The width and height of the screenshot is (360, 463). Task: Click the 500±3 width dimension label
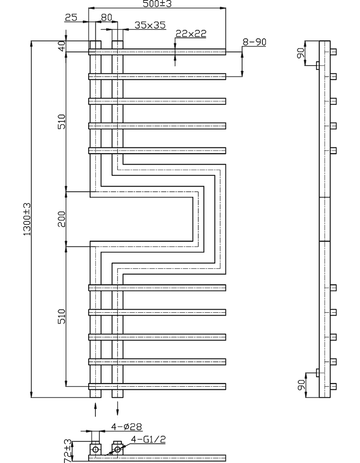pyautogui.click(x=157, y=4)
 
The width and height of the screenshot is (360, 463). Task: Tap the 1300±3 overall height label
pyautogui.click(x=27, y=219)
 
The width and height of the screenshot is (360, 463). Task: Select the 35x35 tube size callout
pyautogui.click(x=150, y=25)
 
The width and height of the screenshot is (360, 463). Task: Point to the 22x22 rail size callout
pyautogui.click(x=191, y=33)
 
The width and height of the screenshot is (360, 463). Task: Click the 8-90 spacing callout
pyautogui.click(x=254, y=42)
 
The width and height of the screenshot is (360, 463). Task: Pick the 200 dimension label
pyautogui.click(x=61, y=219)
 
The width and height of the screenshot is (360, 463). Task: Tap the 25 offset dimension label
pyautogui.click(x=71, y=17)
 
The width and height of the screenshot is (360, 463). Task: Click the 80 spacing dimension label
pyautogui.click(x=107, y=17)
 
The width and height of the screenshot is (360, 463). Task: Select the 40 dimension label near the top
pyautogui.click(x=62, y=46)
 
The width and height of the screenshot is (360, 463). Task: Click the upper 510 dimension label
pyautogui.click(x=62, y=122)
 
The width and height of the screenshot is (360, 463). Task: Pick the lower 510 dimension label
pyautogui.click(x=62, y=317)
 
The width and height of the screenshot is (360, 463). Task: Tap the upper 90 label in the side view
pyautogui.click(x=301, y=53)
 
